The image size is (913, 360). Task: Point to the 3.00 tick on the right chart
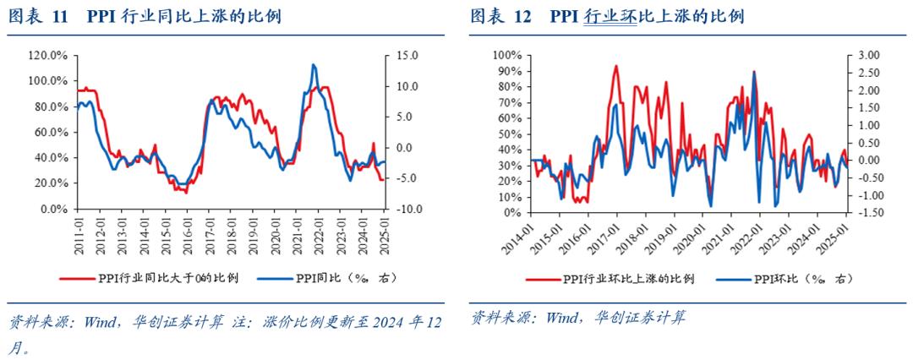click(865, 56)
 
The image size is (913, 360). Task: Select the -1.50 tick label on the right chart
click(863, 213)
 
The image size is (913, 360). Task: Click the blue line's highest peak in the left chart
click(314, 65)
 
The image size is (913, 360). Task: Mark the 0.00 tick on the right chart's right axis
click(863, 161)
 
